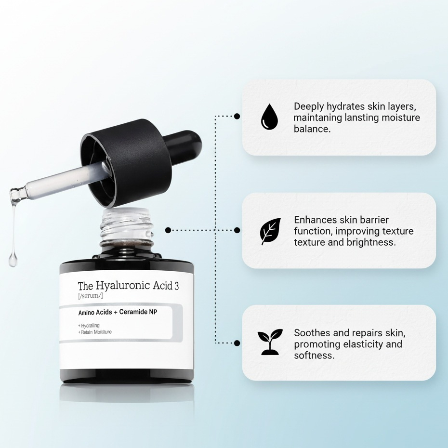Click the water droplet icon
pos(269,117)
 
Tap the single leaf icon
pos(270,231)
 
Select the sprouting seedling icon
pos(270,342)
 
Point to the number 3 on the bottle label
pos(176,286)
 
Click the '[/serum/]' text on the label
pos(90,296)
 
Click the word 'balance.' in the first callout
pos(312,129)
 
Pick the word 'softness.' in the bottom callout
pos(314,356)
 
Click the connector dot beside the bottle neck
pos(168,230)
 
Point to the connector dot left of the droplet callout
pos(237,116)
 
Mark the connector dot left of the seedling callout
pos(237,343)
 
